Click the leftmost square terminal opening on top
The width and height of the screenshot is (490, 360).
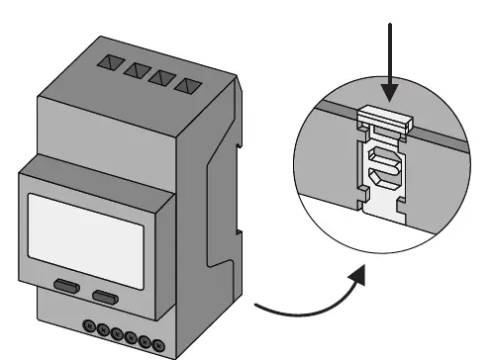[107, 62]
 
